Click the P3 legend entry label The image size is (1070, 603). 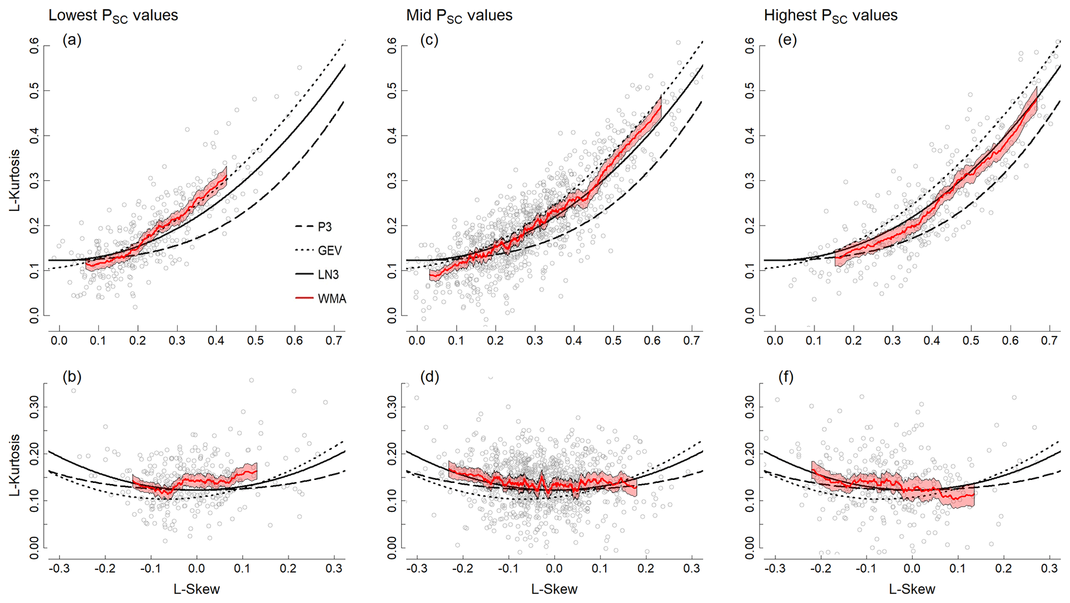click(x=325, y=227)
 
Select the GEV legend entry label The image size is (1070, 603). click(x=329, y=251)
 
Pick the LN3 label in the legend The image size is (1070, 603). click(x=328, y=275)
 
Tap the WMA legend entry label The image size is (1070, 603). click(x=332, y=299)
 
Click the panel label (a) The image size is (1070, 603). click(x=72, y=40)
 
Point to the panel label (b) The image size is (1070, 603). click(x=72, y=377)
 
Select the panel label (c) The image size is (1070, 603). click(x=429, y=40)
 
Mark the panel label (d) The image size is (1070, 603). click(x=429, y=377)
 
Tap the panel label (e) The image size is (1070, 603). click(x=787, y=40)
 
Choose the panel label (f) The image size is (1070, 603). click(x=786, y=377)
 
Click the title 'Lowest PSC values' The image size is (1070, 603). click(x=113, y=16)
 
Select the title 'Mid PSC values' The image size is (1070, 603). click(x=459, y=16)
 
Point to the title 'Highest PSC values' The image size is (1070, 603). click(x=830, y=16)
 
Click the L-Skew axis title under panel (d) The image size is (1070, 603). click(x=554, y=589)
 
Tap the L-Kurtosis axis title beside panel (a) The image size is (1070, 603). click(x=16, y=180)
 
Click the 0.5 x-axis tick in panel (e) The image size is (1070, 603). click(x=971, y=341)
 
